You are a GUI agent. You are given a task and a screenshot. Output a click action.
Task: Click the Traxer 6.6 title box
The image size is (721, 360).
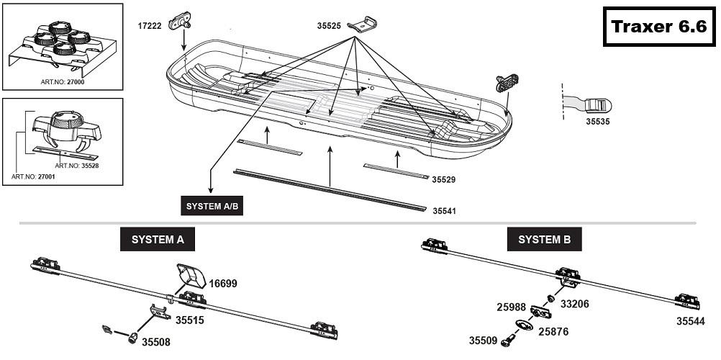click(658, 27)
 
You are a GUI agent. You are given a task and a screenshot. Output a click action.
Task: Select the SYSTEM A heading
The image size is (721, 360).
click(157, 240)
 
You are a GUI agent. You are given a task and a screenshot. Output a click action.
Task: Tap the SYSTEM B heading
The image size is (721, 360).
click(544, 240)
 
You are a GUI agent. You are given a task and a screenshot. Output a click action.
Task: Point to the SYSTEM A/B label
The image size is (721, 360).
click(212, 206)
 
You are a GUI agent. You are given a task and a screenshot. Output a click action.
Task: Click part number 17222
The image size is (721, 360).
click(149, 25)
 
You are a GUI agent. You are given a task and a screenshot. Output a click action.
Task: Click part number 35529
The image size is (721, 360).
click(445, 179)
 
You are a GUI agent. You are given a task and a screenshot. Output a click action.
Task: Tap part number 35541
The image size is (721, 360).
click(445, 211)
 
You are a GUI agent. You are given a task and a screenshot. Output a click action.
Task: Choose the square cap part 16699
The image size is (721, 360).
click(189, 275)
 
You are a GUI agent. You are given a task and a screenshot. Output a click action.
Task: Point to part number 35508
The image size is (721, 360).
click(155, 342)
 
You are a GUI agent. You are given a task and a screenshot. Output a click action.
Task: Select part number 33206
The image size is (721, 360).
click(575, 304)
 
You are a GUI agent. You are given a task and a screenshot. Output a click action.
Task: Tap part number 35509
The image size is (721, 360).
click(483, 341)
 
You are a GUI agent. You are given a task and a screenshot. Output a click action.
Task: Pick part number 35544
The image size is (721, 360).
click(690, 321)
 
